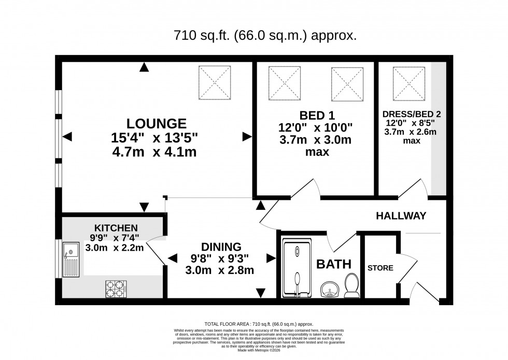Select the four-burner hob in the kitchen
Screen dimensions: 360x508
[x=117, y=288]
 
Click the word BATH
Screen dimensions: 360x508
[x=333, y=264]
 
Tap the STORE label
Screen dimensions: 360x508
[x=380, y=268]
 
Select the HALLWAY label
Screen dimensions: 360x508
[x=401, y=215]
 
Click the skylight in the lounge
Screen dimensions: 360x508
[x=214, y=82]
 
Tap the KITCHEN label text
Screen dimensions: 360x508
[x=116, y=228]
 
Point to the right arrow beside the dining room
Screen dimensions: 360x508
[x=270, y=258]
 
